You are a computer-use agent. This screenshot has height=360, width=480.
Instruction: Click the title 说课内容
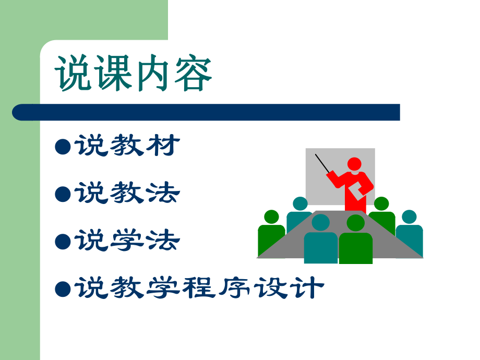pyautogui.click(x=134, y=75)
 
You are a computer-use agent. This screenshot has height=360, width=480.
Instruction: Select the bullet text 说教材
pyautogui.click(x=128, y=146)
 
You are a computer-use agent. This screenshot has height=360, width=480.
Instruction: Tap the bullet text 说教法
pyautogui.click(x=128, y=194)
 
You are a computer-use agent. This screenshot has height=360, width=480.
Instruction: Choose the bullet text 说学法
pyautogui.click(x=128, y=241)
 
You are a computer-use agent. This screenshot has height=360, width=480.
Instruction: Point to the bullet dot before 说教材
pyautogui.click(x=63, y=147)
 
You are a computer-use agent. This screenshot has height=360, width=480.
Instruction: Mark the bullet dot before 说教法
pyautogui.click(x=63, y=195)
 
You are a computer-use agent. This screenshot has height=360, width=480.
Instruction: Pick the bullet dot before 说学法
pyautogui.click(x=63, y=242)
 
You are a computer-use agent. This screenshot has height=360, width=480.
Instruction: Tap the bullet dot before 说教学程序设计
pyautogui.click(x=63, y=289)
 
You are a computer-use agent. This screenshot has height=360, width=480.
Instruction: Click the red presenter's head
pyautogui.click(x=355, y=164)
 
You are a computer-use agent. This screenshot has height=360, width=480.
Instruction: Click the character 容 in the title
pyautogui.click(x=194, y=75)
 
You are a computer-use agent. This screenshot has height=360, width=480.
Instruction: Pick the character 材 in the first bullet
pyautogui.click(x=164, y=146)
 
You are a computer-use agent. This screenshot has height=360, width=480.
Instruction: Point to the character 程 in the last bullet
pyautogui.click(x=199, y=288)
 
